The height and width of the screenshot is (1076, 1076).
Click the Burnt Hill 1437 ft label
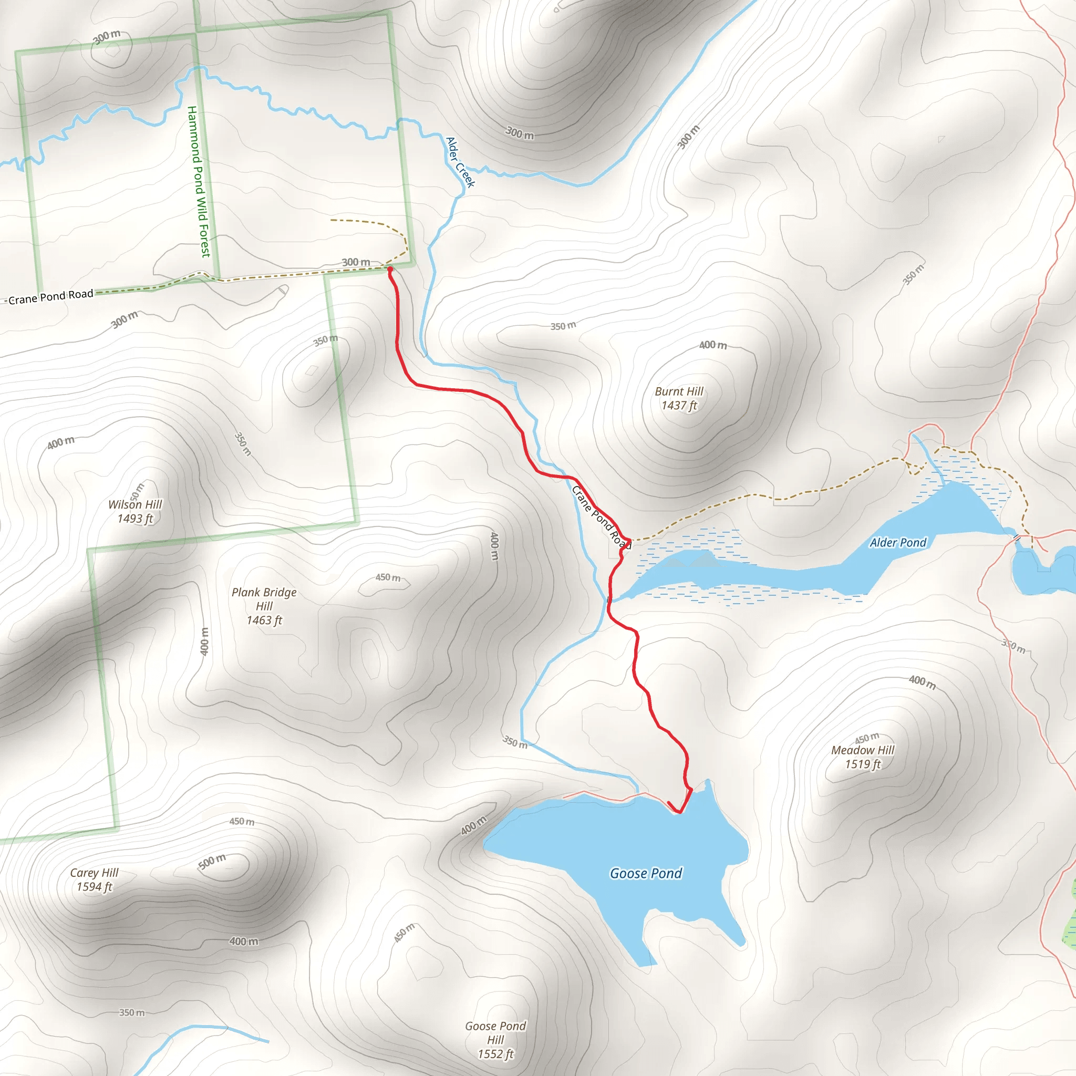(679, 398)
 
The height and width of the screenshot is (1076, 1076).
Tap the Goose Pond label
(646, 873)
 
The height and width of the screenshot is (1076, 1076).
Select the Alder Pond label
(898, 542)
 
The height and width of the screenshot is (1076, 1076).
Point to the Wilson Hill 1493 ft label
(135, 511)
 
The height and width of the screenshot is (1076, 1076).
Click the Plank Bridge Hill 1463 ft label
(264, 606)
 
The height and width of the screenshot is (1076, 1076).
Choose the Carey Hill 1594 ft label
(94, 880)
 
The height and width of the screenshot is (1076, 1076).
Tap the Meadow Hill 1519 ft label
(863, 757)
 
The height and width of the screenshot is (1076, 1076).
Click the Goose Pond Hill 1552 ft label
(495, 1040)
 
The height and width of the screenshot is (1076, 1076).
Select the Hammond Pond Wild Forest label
(199, 182)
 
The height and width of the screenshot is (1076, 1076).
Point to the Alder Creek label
(461, 163)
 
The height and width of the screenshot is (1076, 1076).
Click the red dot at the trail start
(390, 270)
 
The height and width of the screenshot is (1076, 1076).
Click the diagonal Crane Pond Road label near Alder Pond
(601, 518)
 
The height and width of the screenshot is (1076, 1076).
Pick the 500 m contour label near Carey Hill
(212, 862)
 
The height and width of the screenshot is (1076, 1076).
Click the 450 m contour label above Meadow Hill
(866, 739)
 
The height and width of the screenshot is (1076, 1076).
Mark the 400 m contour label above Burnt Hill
(713, 345)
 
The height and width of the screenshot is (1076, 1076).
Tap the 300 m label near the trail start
(356, 262)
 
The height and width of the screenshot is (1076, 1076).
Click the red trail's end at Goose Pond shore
(668, 803)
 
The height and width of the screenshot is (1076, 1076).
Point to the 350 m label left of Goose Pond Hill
(132, 1012)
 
